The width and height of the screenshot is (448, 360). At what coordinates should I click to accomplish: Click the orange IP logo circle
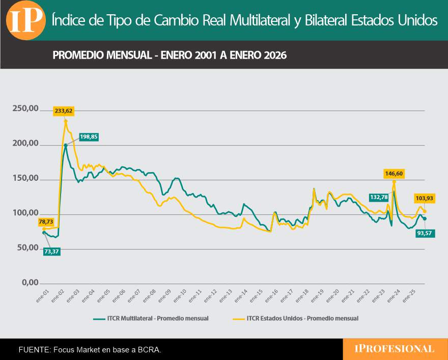(25, 20)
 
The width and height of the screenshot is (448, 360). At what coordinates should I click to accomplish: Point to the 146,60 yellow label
(394, 174)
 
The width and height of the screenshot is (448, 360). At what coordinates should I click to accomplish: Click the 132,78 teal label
(379, 197)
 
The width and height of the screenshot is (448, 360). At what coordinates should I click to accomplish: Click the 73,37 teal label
(52, 251)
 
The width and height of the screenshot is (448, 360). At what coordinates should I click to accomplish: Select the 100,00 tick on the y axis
(25, 213)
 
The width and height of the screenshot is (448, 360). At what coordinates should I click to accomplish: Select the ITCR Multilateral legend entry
(151, 318)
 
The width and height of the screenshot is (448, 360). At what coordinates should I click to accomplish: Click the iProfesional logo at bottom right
(395, 349)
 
